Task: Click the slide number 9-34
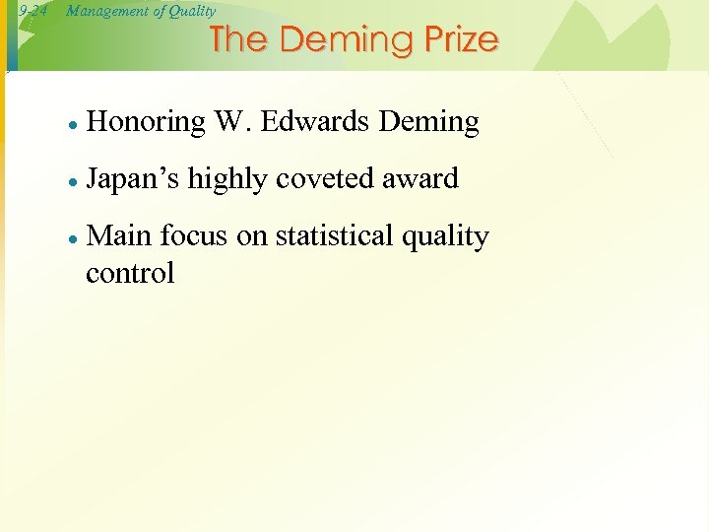pos(32,11)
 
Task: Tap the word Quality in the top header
pos(189,11)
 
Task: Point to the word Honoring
pos(146,122)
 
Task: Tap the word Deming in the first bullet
pos(428,122)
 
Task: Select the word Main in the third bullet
pos(118,236)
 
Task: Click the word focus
pos(191,236)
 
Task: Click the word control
pos(130,273)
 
